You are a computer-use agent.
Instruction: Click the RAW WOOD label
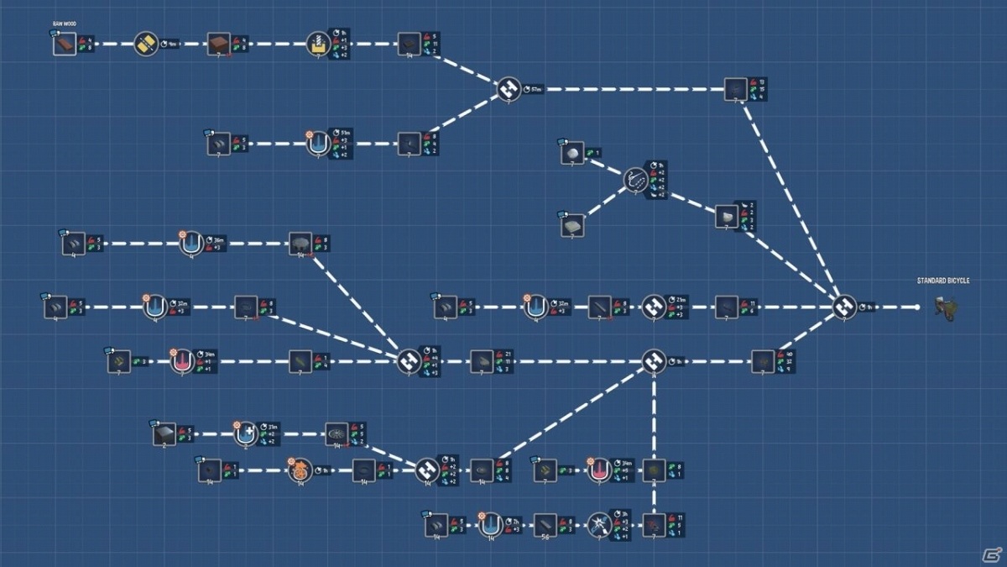tap(64, 24)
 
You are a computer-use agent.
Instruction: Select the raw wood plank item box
tap(65, 44)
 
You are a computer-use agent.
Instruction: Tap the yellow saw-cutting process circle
tap(146, 44)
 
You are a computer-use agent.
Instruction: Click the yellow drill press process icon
tap(318, 44)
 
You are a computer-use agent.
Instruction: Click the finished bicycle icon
tap(947, 308)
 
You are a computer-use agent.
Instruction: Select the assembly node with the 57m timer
tap(509, 88)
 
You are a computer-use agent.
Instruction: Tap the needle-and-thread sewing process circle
tap(635, 179)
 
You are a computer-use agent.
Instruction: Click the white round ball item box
tap(572, 153)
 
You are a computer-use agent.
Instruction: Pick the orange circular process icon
tap(300, 470)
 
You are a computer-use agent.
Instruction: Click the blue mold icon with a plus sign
tap(245, 434)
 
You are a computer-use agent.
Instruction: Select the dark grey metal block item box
tap(164, 434)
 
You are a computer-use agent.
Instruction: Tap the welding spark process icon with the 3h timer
tap(599, 525)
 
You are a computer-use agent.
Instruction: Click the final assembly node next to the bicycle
tap(844, 307)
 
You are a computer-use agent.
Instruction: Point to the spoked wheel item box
tap(337, 433)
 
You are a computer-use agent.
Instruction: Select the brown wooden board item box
tap(219, 44)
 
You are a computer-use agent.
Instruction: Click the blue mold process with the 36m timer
tap(191, 244)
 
